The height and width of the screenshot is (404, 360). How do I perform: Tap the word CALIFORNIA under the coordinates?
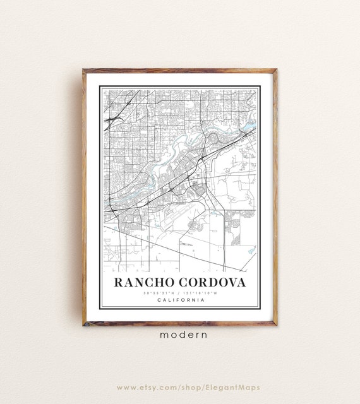point(180,299)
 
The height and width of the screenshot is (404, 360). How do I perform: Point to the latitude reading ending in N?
point(157,292)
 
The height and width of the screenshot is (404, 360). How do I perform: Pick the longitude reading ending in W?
point(203,292)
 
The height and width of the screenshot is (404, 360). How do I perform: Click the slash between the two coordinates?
point(180,292)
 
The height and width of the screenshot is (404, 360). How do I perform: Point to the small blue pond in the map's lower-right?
point(252,251)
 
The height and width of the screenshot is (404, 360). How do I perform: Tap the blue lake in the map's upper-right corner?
point(250,126)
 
